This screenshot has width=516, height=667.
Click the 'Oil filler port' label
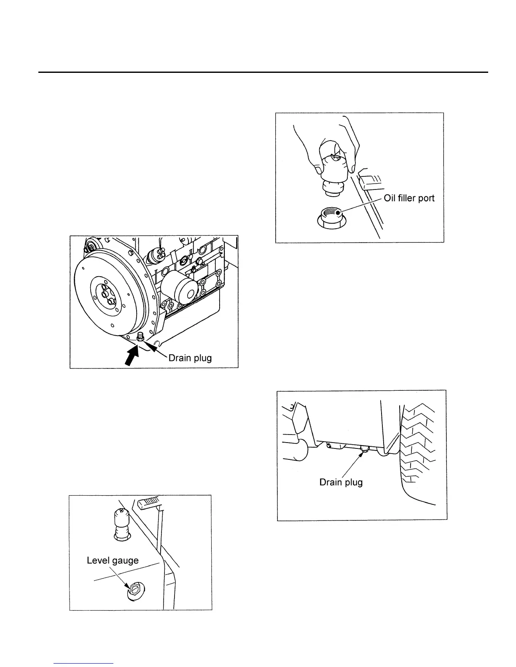coord(409,198)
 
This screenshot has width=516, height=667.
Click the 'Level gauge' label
coord(113,560)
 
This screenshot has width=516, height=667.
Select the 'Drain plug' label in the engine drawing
coord(190,358)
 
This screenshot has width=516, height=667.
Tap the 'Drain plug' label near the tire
coord(341,482)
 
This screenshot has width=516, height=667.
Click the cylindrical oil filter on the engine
coord(179,286)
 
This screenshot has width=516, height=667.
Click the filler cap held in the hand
coord(336,168)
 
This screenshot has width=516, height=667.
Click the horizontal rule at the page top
coord(263,72)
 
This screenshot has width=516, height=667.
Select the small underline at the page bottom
coord(84,664)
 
